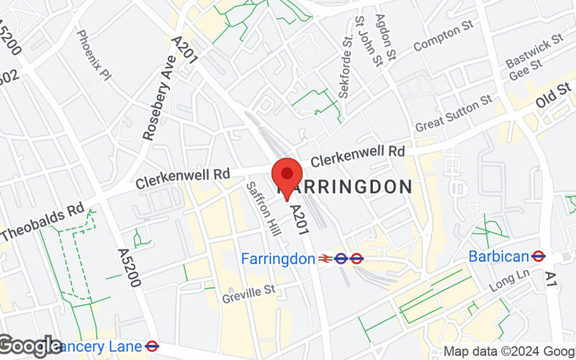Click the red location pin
287,175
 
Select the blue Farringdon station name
278,258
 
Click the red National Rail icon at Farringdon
325,258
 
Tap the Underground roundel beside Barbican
538,256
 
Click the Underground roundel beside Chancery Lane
151,346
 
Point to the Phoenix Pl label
94,54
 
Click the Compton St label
442,36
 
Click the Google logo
31,346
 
